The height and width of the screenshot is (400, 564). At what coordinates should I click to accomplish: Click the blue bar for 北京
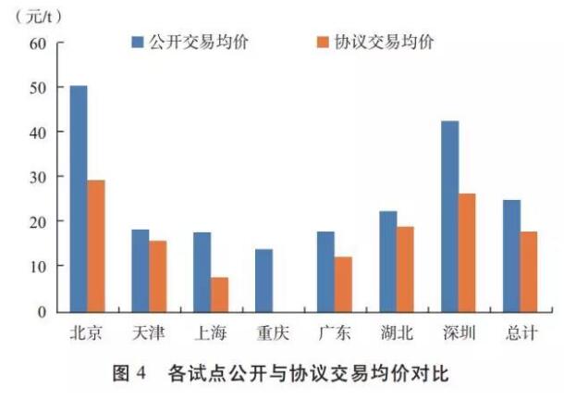click(79, 198)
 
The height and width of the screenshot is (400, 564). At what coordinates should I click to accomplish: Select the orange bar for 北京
click(96, 245)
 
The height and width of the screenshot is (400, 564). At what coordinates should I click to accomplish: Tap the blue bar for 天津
click(141, 270)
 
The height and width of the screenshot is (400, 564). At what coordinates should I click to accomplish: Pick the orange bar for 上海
click(219, 294)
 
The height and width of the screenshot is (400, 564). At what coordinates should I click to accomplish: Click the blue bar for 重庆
click(264, 280)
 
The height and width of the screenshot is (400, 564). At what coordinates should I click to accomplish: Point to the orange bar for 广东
click(343, 283)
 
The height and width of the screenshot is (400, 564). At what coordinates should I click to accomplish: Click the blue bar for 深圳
click(449, 216)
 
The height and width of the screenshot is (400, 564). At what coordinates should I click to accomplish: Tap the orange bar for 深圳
click(467, 252)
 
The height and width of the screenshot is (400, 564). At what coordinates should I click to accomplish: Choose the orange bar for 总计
click(528, 271)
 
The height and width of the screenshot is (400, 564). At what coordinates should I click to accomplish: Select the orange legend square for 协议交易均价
click(323, 42)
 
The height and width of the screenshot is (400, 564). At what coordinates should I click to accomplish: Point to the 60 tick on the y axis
click(42, 43)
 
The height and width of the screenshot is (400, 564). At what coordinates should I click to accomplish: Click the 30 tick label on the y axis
click(42, 177)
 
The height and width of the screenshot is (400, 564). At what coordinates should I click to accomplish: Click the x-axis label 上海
click(210, 331)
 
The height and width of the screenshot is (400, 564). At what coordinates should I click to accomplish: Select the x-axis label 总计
click(520, 331)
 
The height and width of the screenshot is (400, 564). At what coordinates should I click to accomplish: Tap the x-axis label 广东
click(334, 331)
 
